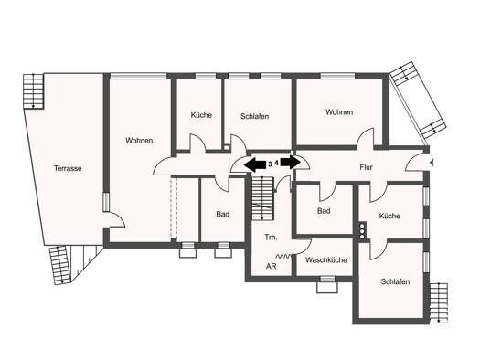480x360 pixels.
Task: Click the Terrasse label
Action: [x=68, y=168]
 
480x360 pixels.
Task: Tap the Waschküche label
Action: [x=326, y=260]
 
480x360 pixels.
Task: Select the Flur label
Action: [x=366, y=167]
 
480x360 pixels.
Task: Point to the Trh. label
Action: [x=271, y=237]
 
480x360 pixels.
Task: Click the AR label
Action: [x=272, y=266]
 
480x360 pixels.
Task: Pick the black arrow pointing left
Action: [x=255, y=164]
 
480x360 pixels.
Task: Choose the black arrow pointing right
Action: [x=291, y=162]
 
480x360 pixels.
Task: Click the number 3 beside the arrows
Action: [x=270, y=164]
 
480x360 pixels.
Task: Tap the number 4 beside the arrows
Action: [x=276, y=163]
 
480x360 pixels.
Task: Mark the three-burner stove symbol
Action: [x=362, y=231]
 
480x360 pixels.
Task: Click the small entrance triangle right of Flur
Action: [x=432, y=163]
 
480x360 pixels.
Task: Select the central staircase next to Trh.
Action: [x=262, y=198]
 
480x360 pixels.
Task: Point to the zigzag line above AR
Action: [x=283, y=256]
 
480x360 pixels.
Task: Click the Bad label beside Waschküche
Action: [x=324, y=211]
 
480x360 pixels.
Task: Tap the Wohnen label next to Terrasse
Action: [x=139, y=141]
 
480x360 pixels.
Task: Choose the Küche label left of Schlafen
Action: [x=201, y=115]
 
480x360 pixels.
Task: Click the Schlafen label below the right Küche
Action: [x=395, y=281]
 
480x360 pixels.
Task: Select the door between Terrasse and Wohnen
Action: [x=116, y=218]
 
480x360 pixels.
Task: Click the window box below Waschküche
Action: [x=327, y=284]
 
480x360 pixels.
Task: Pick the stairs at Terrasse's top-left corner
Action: [x=33, y=90]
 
